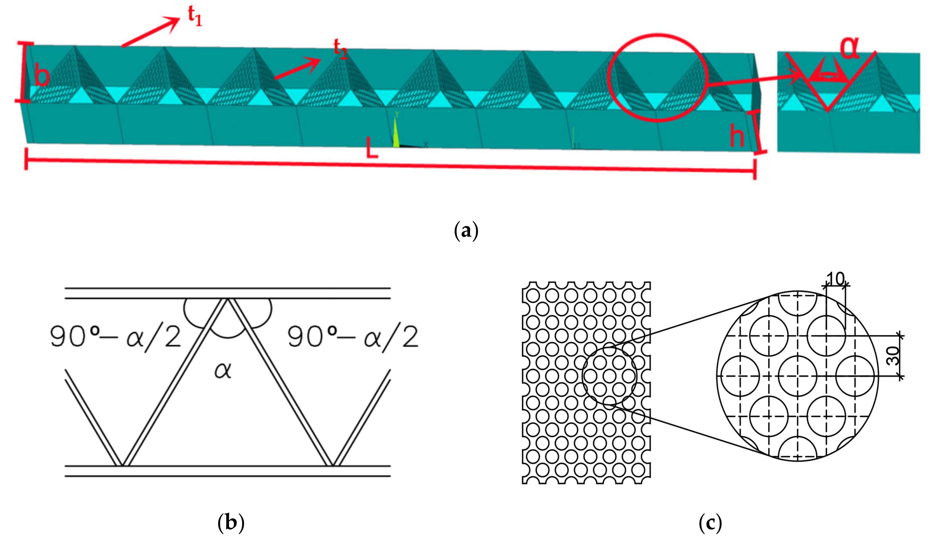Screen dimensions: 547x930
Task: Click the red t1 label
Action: pos(195,16)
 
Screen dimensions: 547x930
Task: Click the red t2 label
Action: pos(340,49)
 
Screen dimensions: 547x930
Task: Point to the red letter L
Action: pos(372,147)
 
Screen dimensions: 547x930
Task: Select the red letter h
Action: pos(737,136)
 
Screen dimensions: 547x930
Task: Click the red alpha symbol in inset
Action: pos(850,48)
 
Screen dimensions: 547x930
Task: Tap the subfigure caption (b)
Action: pos(231,523)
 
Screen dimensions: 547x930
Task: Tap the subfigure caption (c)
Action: pos(710,523)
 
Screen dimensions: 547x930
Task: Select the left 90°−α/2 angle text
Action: pos(116,337)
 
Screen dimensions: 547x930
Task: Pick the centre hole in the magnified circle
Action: pos(798,376)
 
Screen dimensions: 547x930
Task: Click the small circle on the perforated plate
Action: pos(610,376)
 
